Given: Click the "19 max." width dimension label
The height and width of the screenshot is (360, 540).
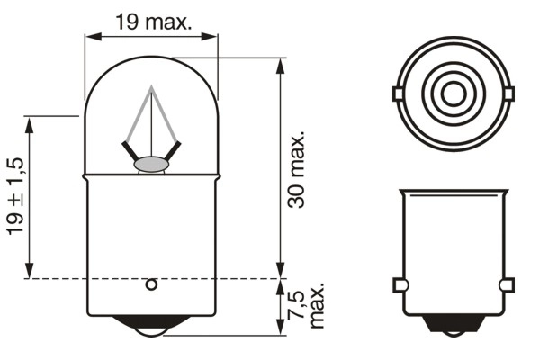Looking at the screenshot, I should click(153, 22).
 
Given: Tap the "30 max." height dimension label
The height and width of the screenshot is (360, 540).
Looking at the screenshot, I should click(297, 168).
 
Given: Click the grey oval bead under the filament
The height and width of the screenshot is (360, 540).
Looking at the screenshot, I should click(152, 165).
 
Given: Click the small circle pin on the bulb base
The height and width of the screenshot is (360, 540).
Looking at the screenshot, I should click(151, 285).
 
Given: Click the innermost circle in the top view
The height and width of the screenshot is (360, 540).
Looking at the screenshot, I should click(453, 94).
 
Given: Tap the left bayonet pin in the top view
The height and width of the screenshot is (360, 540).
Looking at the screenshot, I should click(399, 94).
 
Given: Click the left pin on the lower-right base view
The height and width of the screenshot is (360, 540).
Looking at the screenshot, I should click(400, 285).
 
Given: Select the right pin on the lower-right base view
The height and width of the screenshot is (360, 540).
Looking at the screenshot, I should click(506, 285).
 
